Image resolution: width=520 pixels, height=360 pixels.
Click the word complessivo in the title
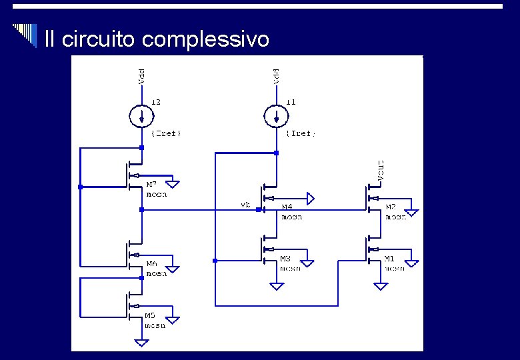[206, 40]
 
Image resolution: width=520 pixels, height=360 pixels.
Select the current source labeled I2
[141, 117]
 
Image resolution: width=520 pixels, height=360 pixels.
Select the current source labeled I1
[275, 117]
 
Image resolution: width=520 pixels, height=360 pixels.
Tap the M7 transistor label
[152, 183]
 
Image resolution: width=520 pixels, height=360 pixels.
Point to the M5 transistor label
[151, 315]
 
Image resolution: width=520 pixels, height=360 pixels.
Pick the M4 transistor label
[287, 207]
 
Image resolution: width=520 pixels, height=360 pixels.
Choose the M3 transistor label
[285, 259]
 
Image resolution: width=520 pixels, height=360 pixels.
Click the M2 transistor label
[392, 207]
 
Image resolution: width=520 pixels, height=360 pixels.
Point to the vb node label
[245, 205]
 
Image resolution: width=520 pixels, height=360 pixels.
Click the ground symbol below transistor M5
[141, 343]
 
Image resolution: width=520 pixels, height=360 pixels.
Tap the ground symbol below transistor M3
[276, 286]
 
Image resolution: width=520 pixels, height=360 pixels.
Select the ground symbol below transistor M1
[380, 286]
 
